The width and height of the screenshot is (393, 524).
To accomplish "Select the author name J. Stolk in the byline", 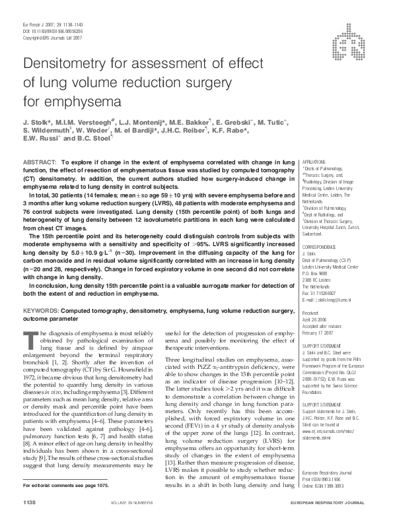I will pyautogui.click(x=37, y=122).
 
